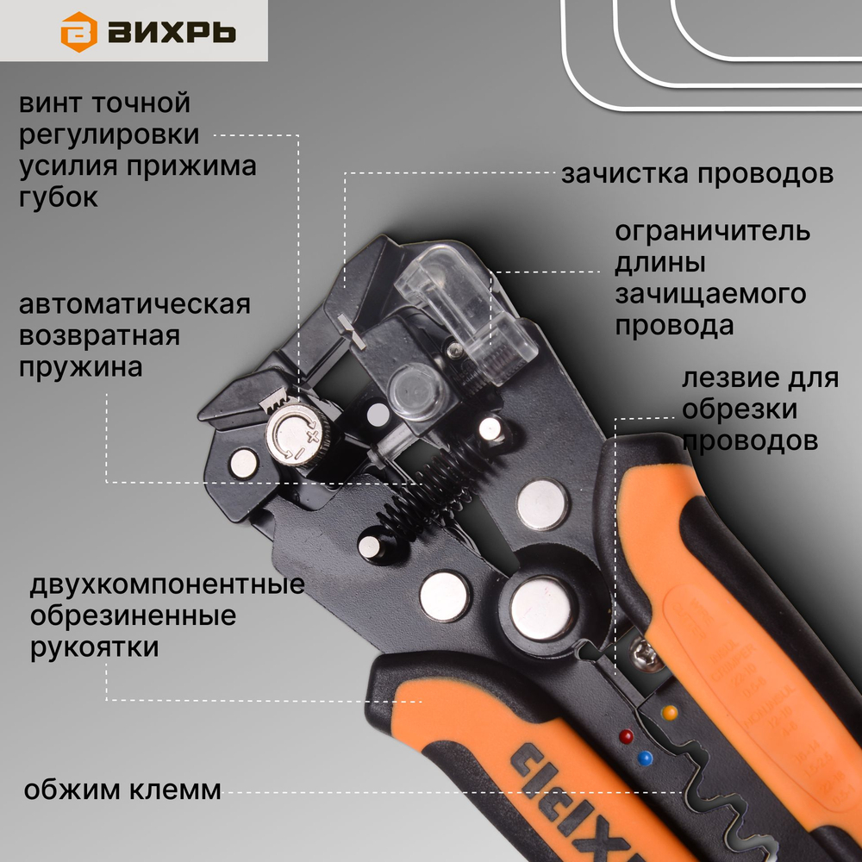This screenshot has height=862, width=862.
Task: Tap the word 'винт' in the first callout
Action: click(x=54, y=103)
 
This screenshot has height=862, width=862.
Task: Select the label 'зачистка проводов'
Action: click(x=697, y=173)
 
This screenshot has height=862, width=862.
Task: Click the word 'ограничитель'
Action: click(x=712, y=232)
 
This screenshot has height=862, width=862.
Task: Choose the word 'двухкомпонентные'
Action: click(x=167, y=585)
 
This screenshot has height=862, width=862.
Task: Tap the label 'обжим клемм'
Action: click(x=122, y=790)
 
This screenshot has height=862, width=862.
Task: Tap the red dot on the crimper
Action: click(x=626, y=736)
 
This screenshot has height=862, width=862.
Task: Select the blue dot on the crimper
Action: click(x=642, y=759)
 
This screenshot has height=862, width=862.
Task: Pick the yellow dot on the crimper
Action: click(x=669, y=713)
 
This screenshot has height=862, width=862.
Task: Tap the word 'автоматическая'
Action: click(x=134, y=305)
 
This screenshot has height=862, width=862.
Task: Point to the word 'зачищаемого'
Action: click(x=710, y=294)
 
